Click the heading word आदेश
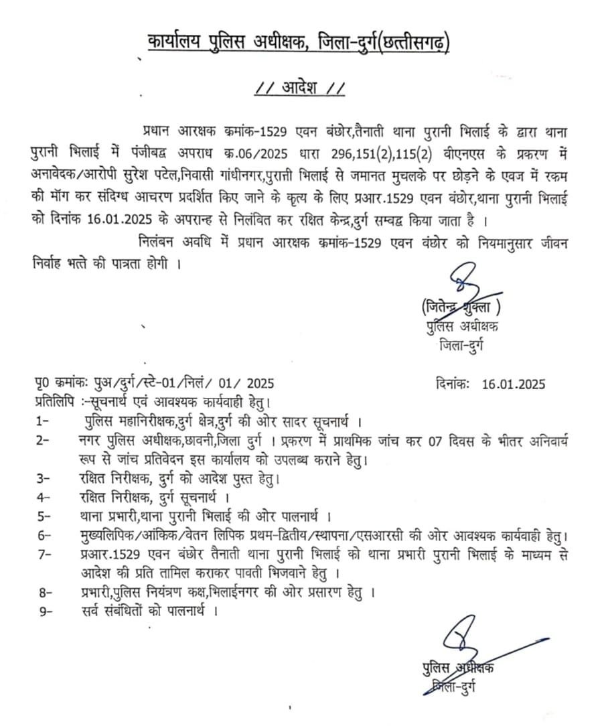tap(301, 88)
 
